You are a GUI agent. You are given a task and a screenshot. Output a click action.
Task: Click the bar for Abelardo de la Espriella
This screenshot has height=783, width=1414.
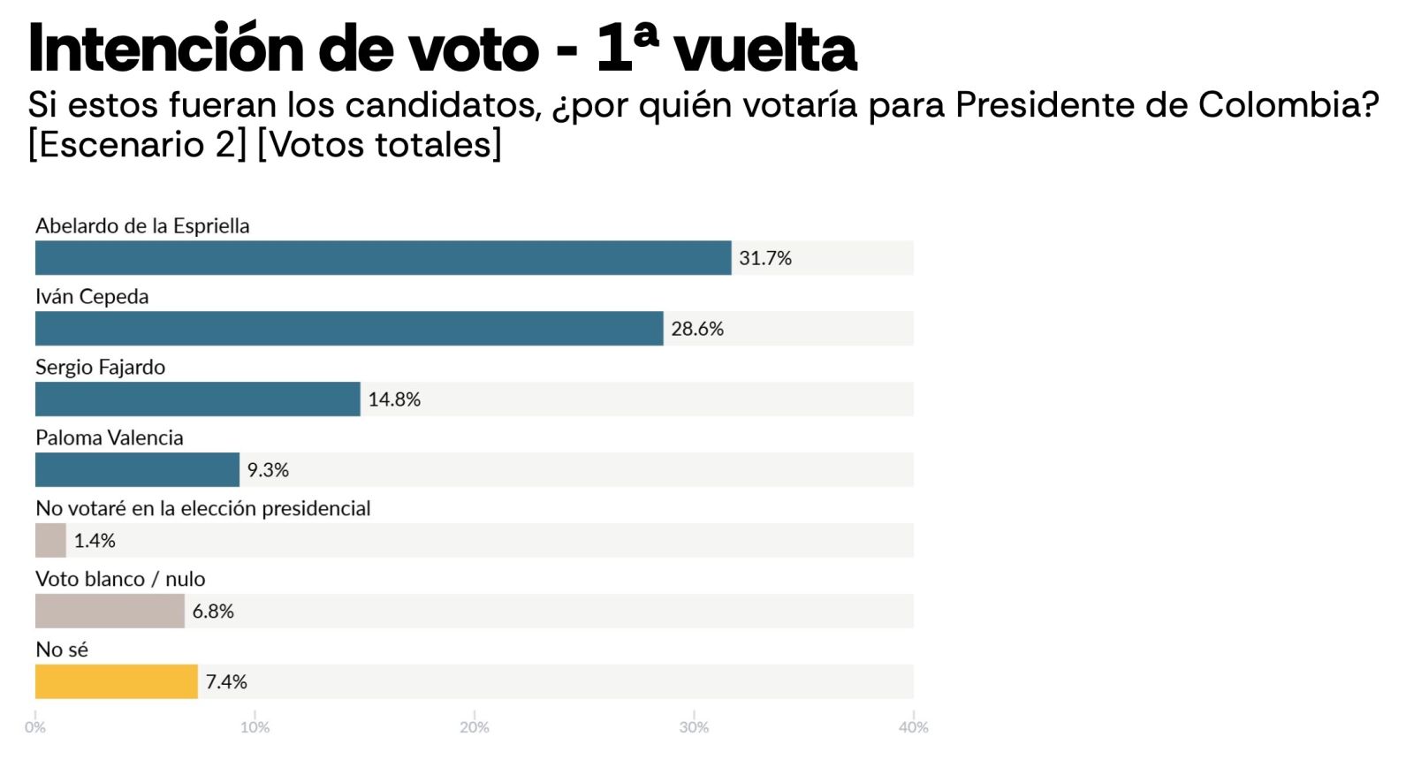coord(383,258)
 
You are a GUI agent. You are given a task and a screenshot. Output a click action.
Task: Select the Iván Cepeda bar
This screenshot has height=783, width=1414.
coord(349,329)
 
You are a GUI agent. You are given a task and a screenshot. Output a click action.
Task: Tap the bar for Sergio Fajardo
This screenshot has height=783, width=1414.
coord(198,399)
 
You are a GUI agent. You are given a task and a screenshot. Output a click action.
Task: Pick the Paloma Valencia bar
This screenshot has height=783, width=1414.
coord(137,470)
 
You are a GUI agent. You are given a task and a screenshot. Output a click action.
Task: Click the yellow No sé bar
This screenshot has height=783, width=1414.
coord(117,682)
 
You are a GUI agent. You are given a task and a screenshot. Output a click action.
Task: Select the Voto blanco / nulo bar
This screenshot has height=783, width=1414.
coord(110,612)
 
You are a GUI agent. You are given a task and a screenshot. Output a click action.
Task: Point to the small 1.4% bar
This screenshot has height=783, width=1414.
coord(50,541)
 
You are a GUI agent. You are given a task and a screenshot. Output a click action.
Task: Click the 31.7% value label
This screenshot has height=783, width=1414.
coord(765,258)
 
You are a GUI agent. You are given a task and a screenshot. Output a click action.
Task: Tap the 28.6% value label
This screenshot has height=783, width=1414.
coord(697,329)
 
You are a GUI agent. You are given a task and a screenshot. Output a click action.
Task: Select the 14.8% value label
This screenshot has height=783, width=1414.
coord(394,399)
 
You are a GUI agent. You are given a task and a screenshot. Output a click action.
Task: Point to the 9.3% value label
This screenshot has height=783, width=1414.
coord(268,470)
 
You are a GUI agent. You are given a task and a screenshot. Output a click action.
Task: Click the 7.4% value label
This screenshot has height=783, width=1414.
coord(226,682)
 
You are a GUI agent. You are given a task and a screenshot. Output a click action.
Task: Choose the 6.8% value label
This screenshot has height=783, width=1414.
coord(213,612)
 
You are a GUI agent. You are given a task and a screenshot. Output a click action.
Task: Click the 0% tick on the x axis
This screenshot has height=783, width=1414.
coord(35,727)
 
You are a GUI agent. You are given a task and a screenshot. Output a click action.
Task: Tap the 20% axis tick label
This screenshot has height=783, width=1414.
coord(475,727)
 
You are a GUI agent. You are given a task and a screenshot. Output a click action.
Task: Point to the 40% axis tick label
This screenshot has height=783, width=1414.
coord(914,727)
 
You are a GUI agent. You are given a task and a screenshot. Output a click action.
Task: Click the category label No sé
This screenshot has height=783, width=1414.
coord(62,650)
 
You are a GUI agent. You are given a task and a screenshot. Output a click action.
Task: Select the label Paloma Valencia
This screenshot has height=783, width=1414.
coord(110,437)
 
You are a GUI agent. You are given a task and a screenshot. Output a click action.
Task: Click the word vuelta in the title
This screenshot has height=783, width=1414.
coord(765,49)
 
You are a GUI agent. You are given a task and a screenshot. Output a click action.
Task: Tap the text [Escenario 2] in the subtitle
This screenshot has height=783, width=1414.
coord(138,144)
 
